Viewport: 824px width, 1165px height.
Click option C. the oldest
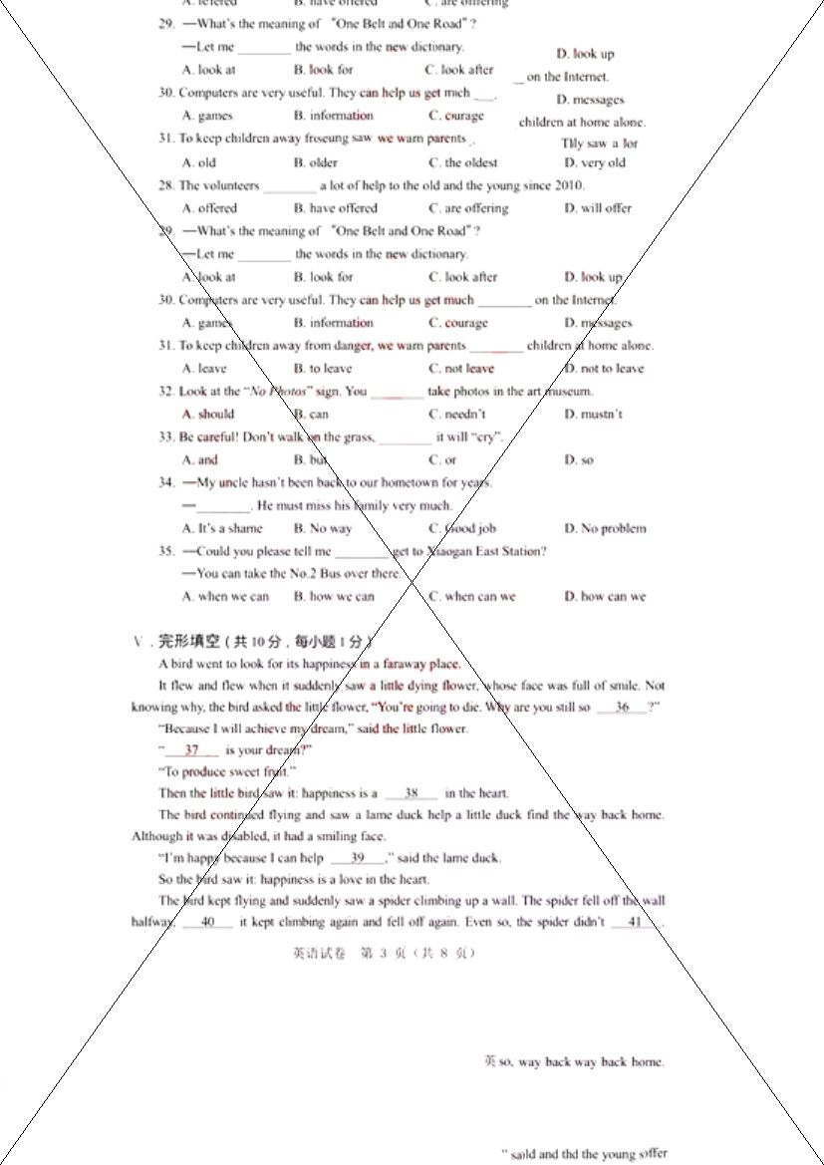pos(462,162)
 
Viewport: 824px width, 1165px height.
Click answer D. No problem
pos(605,529)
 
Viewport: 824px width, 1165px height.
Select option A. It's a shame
pos(222,529)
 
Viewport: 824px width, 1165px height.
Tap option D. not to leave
pos(604,369)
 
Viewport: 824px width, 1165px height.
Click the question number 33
pos(166,437)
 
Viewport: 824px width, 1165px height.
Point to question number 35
pos(166,551)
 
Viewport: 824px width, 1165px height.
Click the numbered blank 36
pos(623,708)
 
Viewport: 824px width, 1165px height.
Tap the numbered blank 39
pos(358,858)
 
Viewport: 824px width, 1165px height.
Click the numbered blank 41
pos(635,923)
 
